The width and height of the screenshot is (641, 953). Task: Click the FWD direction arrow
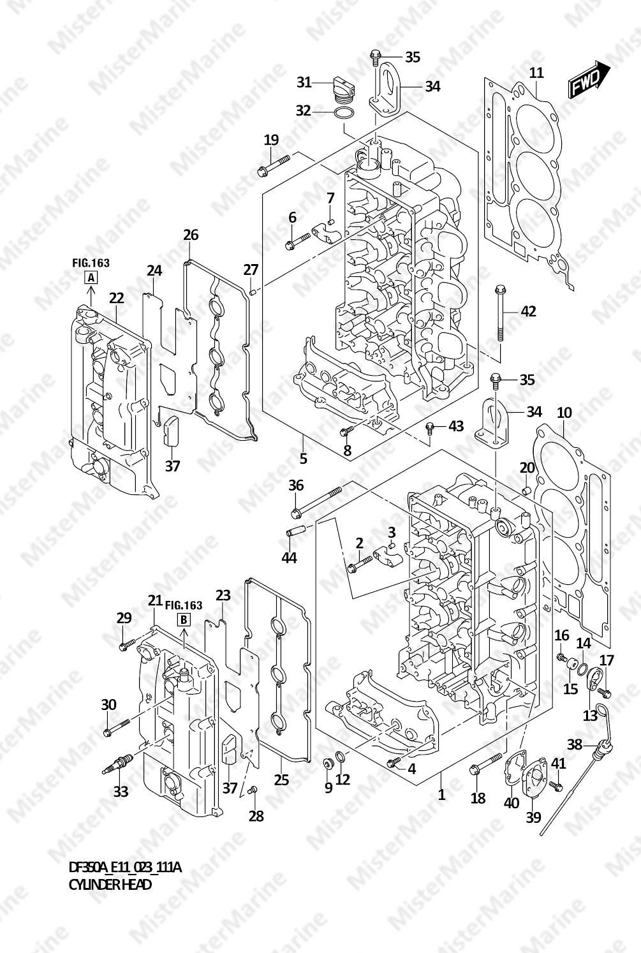click(589, 79)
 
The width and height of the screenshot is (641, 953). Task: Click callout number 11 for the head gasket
click(536, 73)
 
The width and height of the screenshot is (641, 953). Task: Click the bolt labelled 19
click(274, 165)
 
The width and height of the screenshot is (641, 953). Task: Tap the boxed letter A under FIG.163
click(91, 278)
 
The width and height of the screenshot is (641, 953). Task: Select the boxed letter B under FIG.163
click(184, 619)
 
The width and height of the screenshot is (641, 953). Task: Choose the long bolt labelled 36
click(316, 503)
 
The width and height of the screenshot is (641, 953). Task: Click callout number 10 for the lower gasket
click(564, 412)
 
